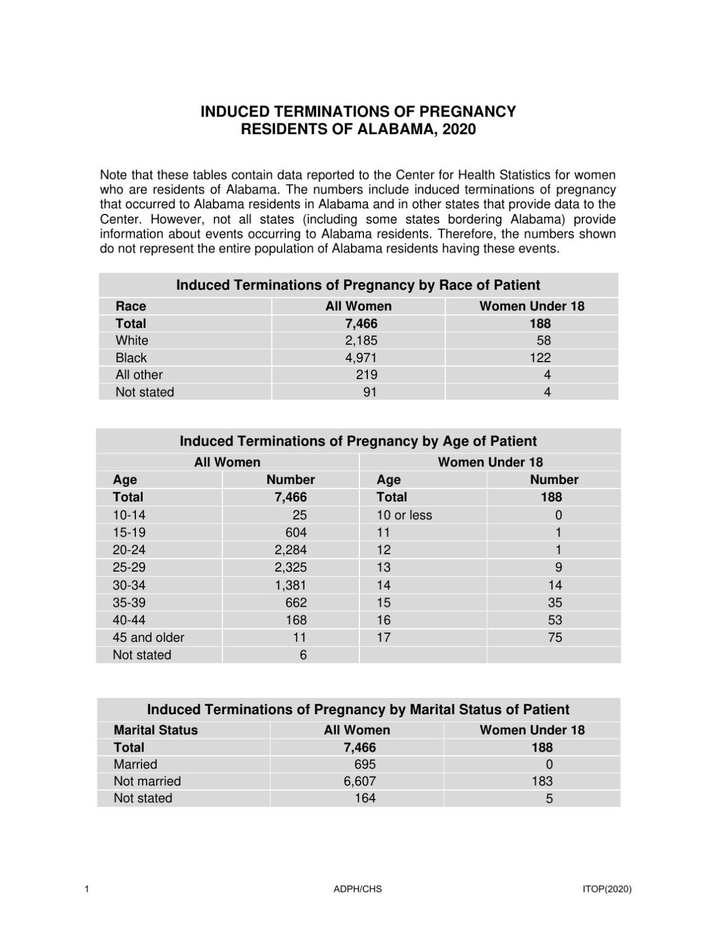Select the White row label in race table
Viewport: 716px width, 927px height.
(x=132, y=340)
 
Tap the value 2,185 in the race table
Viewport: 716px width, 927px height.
(x=361, y=340)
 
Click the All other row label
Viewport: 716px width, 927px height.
(x=139, y=375)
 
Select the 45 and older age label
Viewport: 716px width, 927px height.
(x=148, y=637)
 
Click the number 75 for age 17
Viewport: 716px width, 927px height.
(x=555, y=637)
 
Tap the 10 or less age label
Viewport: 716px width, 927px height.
(x=404, y=515)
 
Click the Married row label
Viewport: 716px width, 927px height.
(x=135, y=764)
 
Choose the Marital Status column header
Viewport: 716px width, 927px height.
(x=156, y=730)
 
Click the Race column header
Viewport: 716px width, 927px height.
(x=131, y=306)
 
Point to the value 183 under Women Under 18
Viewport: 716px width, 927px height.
(x=542, y=781)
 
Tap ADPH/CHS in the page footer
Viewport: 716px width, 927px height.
(x=357, y=889)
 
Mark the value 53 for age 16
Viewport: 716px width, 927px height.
(x=555, y=620)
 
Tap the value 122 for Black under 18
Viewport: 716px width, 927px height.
(x=540, y=358)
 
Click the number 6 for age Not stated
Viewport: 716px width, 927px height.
(x=303, y=655)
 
